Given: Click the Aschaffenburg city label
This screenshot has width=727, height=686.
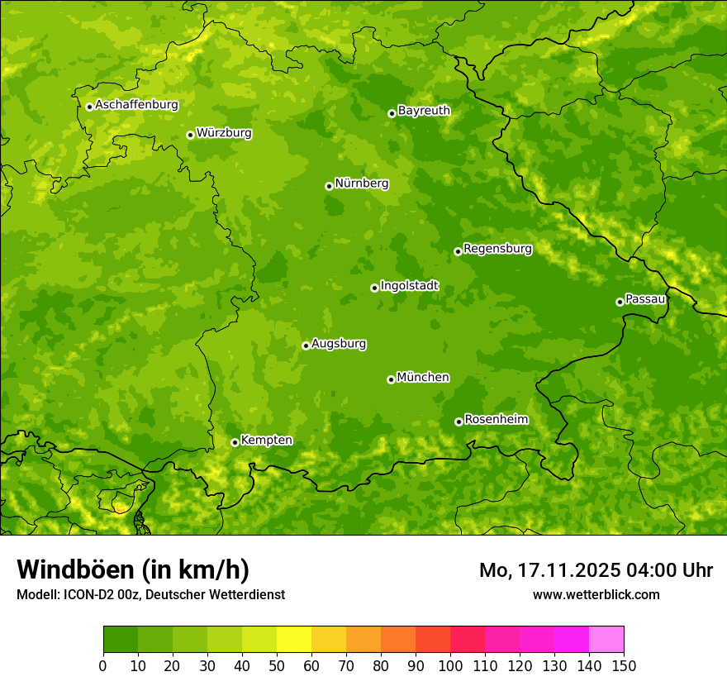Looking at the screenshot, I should tap(136, 105).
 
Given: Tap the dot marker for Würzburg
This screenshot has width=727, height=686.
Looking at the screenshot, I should tap(190, 135).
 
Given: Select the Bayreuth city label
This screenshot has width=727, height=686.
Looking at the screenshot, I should tap(424, 111).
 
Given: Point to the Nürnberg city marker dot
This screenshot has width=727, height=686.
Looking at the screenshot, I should tap(329, 186).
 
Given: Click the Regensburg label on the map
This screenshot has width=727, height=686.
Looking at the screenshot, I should tap(497, 249).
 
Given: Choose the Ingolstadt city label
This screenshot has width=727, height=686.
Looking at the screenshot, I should tap(409, 286).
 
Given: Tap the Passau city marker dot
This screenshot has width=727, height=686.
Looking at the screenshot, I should tap(620, 302).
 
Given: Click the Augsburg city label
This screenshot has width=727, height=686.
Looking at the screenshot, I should tap(338, 344).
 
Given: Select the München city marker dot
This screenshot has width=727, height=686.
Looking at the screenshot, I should tap(391, 379).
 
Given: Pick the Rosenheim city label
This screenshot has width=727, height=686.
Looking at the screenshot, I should tap(496, 420).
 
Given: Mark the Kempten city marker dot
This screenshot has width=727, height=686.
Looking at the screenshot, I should tap(235, 442).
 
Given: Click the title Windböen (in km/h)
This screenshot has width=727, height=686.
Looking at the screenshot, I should tap(133, 569).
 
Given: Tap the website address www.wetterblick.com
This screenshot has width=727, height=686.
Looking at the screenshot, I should tap(596, 594).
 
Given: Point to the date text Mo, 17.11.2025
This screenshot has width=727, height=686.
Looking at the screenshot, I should tap(548, 570).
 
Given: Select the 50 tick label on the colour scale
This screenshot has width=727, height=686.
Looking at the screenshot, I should tap(277, 666).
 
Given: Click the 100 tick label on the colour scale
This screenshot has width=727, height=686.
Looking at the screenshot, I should tap(450, 666).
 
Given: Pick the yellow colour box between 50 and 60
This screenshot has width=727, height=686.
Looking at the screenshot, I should tap(294, 640).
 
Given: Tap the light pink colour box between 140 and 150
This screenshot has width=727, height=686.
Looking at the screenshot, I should tap(606, 640).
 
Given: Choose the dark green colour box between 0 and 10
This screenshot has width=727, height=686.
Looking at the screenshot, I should tap(121, 640).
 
